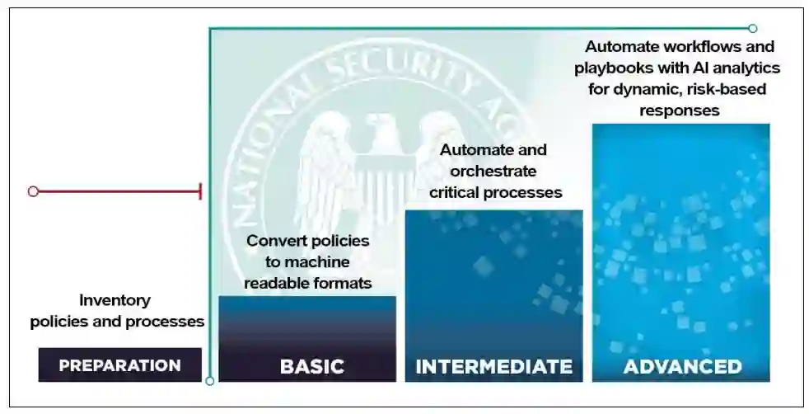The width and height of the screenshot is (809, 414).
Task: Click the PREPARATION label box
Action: coord(119,365)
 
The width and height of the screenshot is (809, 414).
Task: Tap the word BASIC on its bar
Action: coord(311,366)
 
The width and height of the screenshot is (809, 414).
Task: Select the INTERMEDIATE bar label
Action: coord(493,366)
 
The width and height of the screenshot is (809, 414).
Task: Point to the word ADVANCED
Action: coord(682,366)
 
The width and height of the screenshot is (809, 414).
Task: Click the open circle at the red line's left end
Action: coord(33,191)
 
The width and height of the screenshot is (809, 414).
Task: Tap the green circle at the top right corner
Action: coord(752,28)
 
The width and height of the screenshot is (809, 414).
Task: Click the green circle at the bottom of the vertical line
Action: coord(210,381)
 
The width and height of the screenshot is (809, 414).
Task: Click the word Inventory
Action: coord(115,300)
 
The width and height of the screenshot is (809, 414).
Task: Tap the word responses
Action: coord(681,109)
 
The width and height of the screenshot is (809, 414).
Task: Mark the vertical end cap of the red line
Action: coord(200,191)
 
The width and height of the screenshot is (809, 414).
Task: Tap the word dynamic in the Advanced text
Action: coord(643,88)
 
